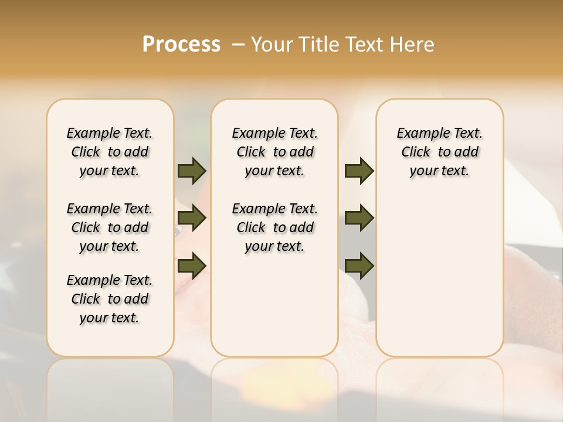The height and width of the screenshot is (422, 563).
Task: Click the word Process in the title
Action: pyautogui.click(x=181, y=44)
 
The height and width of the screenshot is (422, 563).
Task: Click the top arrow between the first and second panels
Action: pyautogui.click(x=192, y=171)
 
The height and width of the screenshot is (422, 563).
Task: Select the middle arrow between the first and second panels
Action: pyautogui.click(x=192, y=219)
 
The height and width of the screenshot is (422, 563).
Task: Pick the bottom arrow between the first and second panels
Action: pyautogui.click(x=192, y=266)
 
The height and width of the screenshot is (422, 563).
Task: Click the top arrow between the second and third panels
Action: pyautogui.click(x=359, y=171)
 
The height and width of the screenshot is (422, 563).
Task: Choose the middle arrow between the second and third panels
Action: pyautogui.click(x=359, y=219)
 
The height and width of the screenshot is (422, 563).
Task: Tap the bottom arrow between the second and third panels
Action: pyautogui.click(x=359, y=266)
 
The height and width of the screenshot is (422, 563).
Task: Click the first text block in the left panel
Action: pyautogui.click(x=110, y=152)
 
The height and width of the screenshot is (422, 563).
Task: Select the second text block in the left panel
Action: pyautogui.click(x=110, y=227)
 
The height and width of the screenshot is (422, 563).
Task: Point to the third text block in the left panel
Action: pyautogui.click(x=110, y=299)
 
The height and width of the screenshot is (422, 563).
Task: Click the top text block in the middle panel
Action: pyautogui.click(x=274, y=152)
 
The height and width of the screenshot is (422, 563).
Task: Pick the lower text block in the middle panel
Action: pyautogui.click(x=274, y=227)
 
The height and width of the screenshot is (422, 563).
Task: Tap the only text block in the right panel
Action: pyautogui.click(x=439, y=152)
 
